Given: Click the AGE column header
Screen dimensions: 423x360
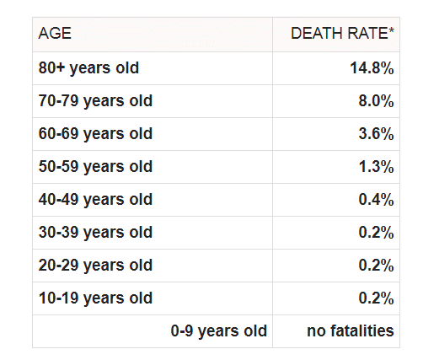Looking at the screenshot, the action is coord(55,34).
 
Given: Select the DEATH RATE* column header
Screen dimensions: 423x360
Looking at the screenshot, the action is coord(342,34).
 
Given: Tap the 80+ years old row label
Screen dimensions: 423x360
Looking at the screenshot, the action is coord(88,68).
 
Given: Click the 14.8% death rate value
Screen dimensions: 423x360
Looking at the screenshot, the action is coord(372,68).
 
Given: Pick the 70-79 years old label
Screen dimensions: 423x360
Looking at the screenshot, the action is coord(95,101).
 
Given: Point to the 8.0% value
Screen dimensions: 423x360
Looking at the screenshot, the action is coord(376,101).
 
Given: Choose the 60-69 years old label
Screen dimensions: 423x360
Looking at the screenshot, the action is coord(95,134).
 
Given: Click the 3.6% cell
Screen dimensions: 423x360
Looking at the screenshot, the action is coord(376,134).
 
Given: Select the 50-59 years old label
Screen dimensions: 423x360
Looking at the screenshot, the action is coord(95,167).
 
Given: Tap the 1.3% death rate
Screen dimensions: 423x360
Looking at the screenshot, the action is coord(376,167).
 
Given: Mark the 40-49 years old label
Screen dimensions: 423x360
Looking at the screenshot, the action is coord(95,200).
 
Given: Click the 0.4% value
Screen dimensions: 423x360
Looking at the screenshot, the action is coord(376,200).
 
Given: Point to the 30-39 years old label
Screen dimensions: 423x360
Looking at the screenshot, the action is coord(95,233).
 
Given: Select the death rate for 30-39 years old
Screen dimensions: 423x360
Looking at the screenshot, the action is coord(376,233).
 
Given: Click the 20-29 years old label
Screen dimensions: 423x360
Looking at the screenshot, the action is coord(95,266).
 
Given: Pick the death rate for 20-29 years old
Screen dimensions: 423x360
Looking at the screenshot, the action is coord(376,266).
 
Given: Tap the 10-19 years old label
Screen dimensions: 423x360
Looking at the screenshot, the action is coord(95,298).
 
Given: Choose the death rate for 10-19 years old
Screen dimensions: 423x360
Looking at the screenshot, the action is coord(376,298).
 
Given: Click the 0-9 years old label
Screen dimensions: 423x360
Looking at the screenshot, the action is coord(219,331).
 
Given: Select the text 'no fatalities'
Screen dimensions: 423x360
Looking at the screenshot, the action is coord(351,330).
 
